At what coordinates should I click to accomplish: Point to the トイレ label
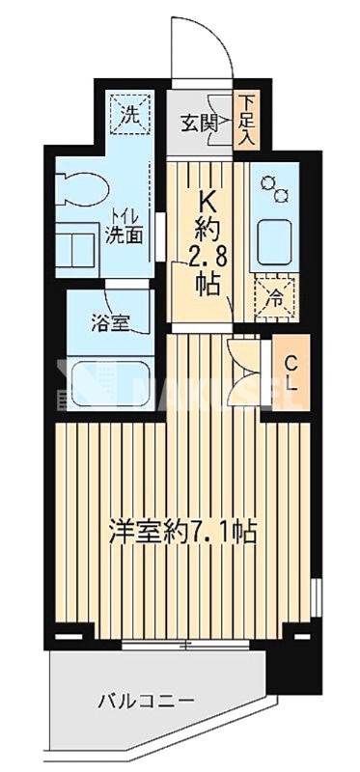point(123,217)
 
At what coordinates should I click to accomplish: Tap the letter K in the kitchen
point(207,203)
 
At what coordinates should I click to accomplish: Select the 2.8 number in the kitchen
point(207,258)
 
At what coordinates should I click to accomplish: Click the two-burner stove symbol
point(276,189)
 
